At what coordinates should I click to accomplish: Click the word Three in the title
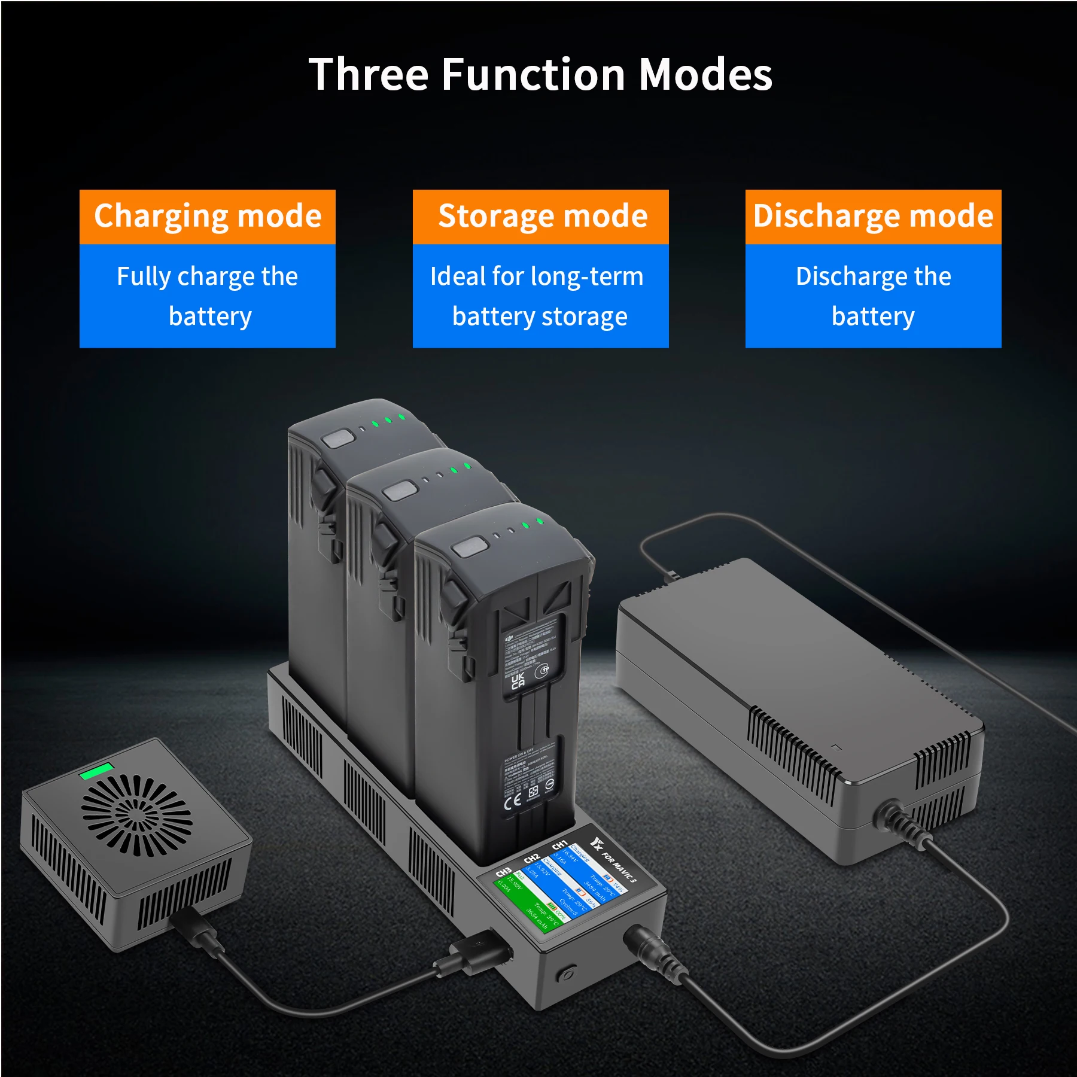click(x=369, y=75)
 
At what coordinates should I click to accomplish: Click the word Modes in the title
click(x=706, y=75)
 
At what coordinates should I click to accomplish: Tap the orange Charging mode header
click(x=208, y=217)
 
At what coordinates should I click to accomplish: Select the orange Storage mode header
click(x=541, y=217)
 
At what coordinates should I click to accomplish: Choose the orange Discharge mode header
click(x=873, y=217)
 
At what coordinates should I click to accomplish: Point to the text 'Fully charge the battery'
click(x=208, y=296)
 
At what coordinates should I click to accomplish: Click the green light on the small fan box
click(x=96, y=771)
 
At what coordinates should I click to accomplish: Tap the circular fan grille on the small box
click(x=137, y=814)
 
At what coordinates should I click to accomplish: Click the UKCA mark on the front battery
click(x=518, y=681)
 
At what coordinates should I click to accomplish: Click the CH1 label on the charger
click(x=559, y=844)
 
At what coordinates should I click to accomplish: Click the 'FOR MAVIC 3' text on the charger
click(x=619, y=866)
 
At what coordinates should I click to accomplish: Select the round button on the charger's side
click(x=566, y=974)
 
